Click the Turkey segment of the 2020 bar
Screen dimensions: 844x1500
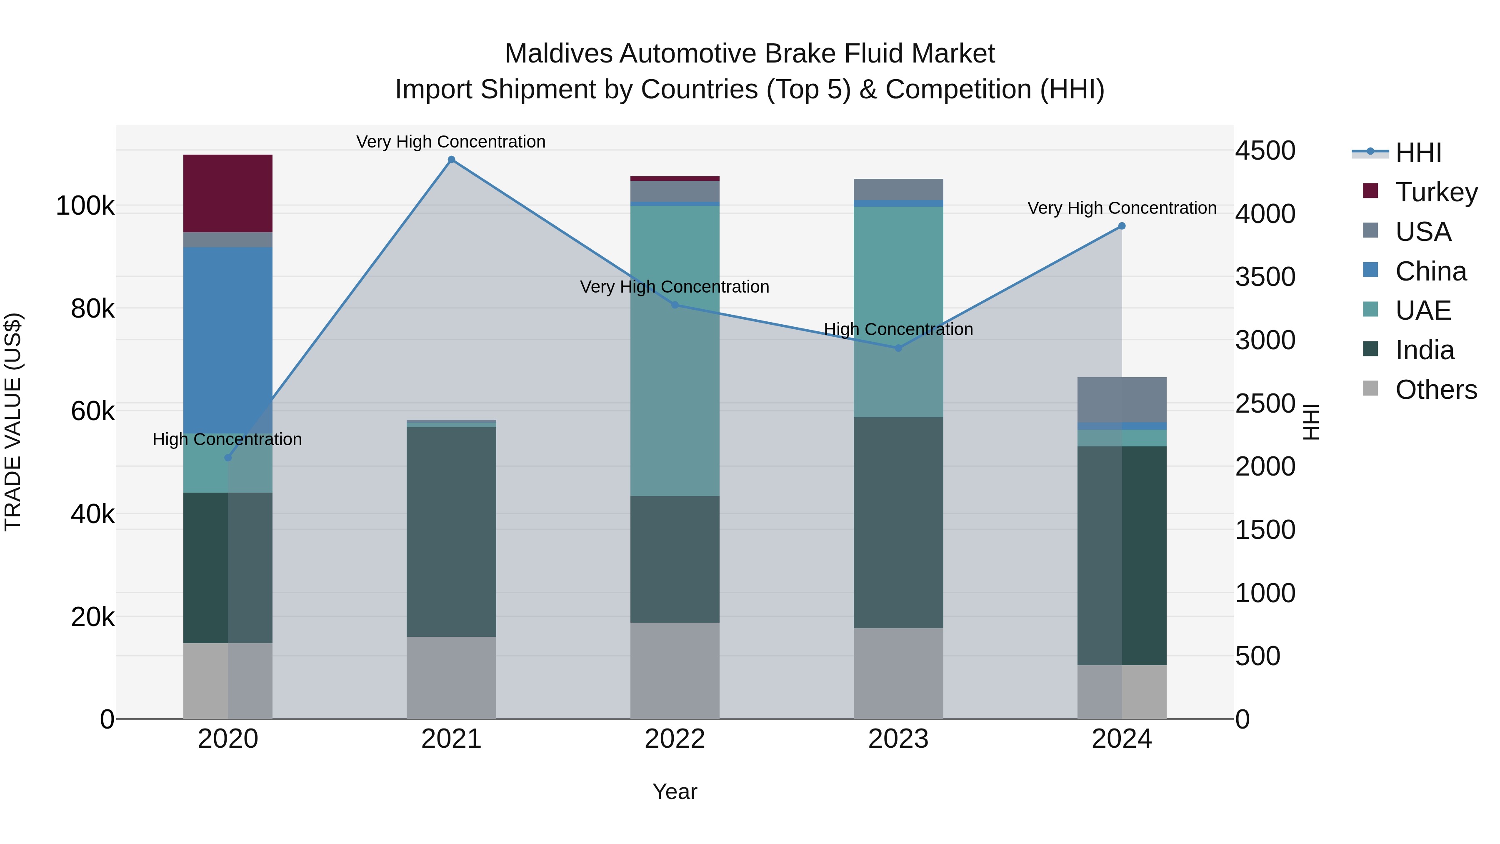pyautogui.click(x=227, y=193)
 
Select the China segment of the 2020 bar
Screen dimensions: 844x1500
pyautogui.click(x=227, y=340)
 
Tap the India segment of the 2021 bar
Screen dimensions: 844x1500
pyautogui.click(x=451, y=532)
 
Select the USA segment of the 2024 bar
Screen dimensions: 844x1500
pyautogui.click(x=1122, y=400)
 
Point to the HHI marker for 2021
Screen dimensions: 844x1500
pyautogui.click(x=451, y=160)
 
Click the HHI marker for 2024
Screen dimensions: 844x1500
pyautogui.click(x=1122, y=226)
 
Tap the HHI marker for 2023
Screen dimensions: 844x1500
pyautogui.click(x=898, y=348)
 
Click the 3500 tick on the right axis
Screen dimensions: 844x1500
pyautogui.click(x=1265, y=277)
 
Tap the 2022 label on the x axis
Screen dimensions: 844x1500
pyautogui.click(x=675, y=739)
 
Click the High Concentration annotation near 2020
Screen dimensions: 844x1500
pyautogui.click(x=227, y=439)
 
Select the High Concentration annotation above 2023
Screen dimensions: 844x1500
pyautogui.click(x=898, y=329)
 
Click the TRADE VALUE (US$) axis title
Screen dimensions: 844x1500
pyautogui.click(x=13, y=422)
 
